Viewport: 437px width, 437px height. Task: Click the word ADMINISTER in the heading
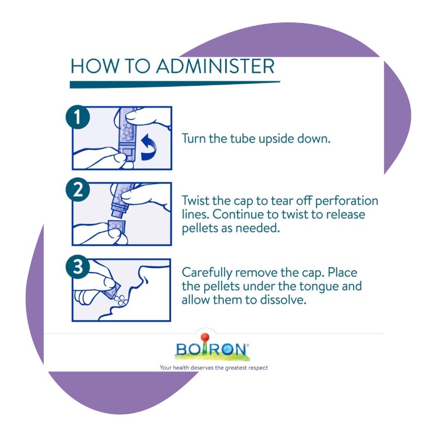point(215,66)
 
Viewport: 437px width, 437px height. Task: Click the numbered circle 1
point(78,117)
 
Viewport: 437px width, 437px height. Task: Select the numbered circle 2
point(78,190)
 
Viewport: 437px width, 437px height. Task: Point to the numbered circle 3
point(78,267)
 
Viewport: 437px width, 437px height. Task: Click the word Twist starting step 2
point(196,200)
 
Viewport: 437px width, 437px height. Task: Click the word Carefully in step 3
point(207,273)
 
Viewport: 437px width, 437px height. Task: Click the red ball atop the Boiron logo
point(205,337)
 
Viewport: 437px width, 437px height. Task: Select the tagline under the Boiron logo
point(214,368)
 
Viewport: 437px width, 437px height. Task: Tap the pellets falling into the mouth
point(121,300)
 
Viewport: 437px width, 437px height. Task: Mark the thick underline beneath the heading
point(175,85)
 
